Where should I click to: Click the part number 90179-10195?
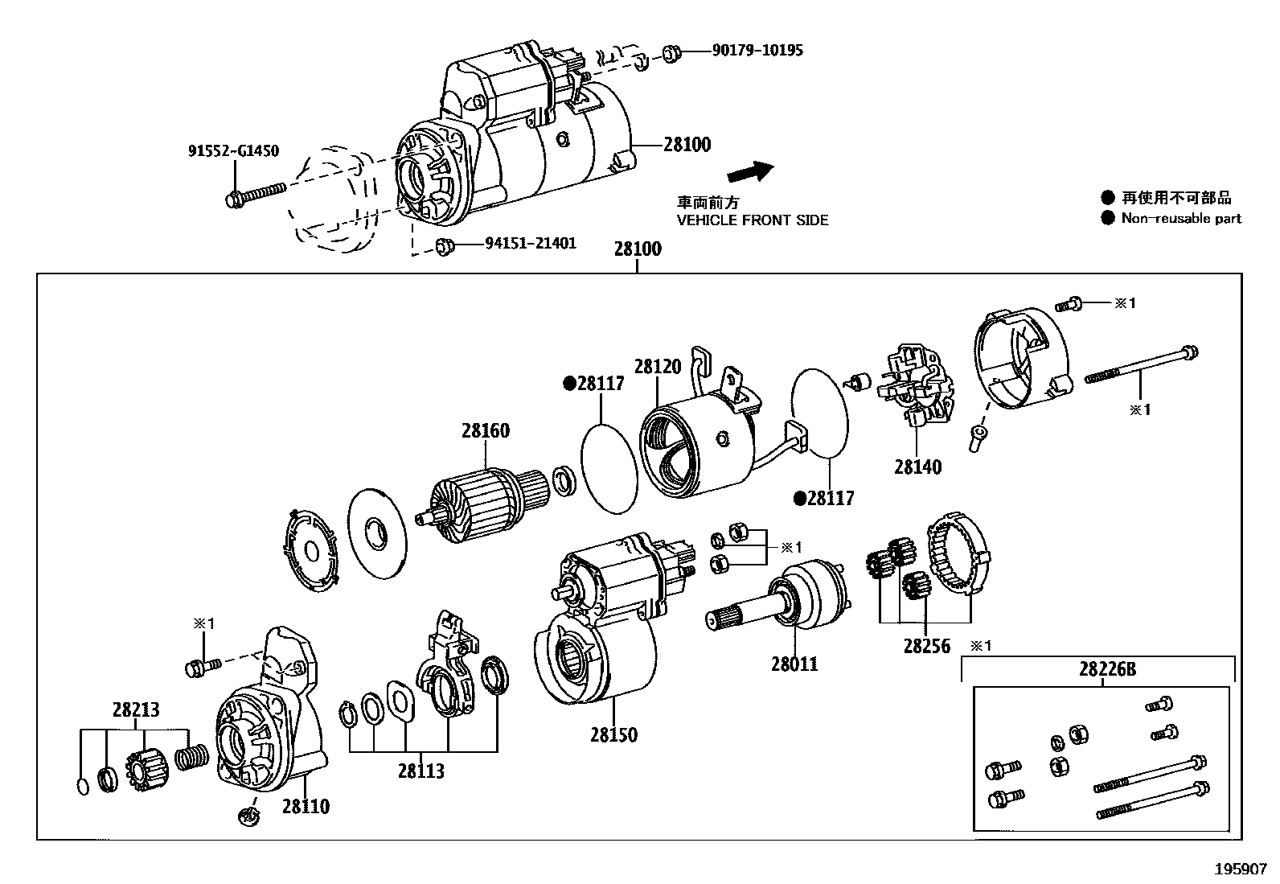coord(757,51)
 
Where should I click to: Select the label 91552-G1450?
coord(233,151)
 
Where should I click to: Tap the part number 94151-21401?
coord(531,243)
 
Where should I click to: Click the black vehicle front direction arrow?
coord(749,172)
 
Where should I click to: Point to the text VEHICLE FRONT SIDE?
coord(752,220)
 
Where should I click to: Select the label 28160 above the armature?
coord(485,430)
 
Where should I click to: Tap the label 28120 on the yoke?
coord(658,367)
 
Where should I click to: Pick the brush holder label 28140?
coord(917,467)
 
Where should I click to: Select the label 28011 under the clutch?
coord(794,664)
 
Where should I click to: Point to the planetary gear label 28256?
coord(926,645)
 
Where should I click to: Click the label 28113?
coord(421,771)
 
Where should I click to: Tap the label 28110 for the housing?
coord(306,806)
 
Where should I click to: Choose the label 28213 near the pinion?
coord(136,709)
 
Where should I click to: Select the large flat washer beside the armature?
coord(376,532)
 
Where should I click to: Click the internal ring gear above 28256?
coord(961,555)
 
